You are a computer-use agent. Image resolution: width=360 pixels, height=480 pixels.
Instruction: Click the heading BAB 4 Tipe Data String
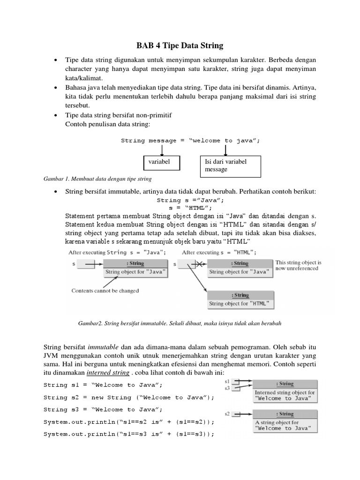pyautogui.click(x=180, y=45)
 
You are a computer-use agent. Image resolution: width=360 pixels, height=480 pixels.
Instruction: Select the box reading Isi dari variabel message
pyautogui.click(x=230, y=166)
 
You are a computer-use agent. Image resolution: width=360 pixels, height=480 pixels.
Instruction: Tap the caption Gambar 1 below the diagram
pyautogui.click(x=97, y=179)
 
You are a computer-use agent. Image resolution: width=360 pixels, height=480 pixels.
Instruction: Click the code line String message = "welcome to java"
pyautogui.click(x=190, y=140)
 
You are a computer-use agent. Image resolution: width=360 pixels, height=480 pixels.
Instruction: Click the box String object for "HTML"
pyautogui.click(x=240, y=300)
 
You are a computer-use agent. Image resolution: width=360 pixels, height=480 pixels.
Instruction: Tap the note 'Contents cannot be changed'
pyautogui.click(x=105, y=291)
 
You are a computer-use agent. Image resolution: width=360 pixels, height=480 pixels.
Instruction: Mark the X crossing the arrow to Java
pyautogui.click(x=198, y=264)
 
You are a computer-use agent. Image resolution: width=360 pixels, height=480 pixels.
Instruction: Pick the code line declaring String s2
pyautogui.click(x=128, y=397)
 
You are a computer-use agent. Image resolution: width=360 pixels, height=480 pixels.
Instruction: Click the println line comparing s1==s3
pyautogui.click(x=128, y=434)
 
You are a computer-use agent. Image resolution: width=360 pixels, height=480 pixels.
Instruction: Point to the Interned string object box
pyautogui.click(x=285, y=391)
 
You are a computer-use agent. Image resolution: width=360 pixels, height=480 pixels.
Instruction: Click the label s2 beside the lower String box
pyautogui.click(x=227, y=414)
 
